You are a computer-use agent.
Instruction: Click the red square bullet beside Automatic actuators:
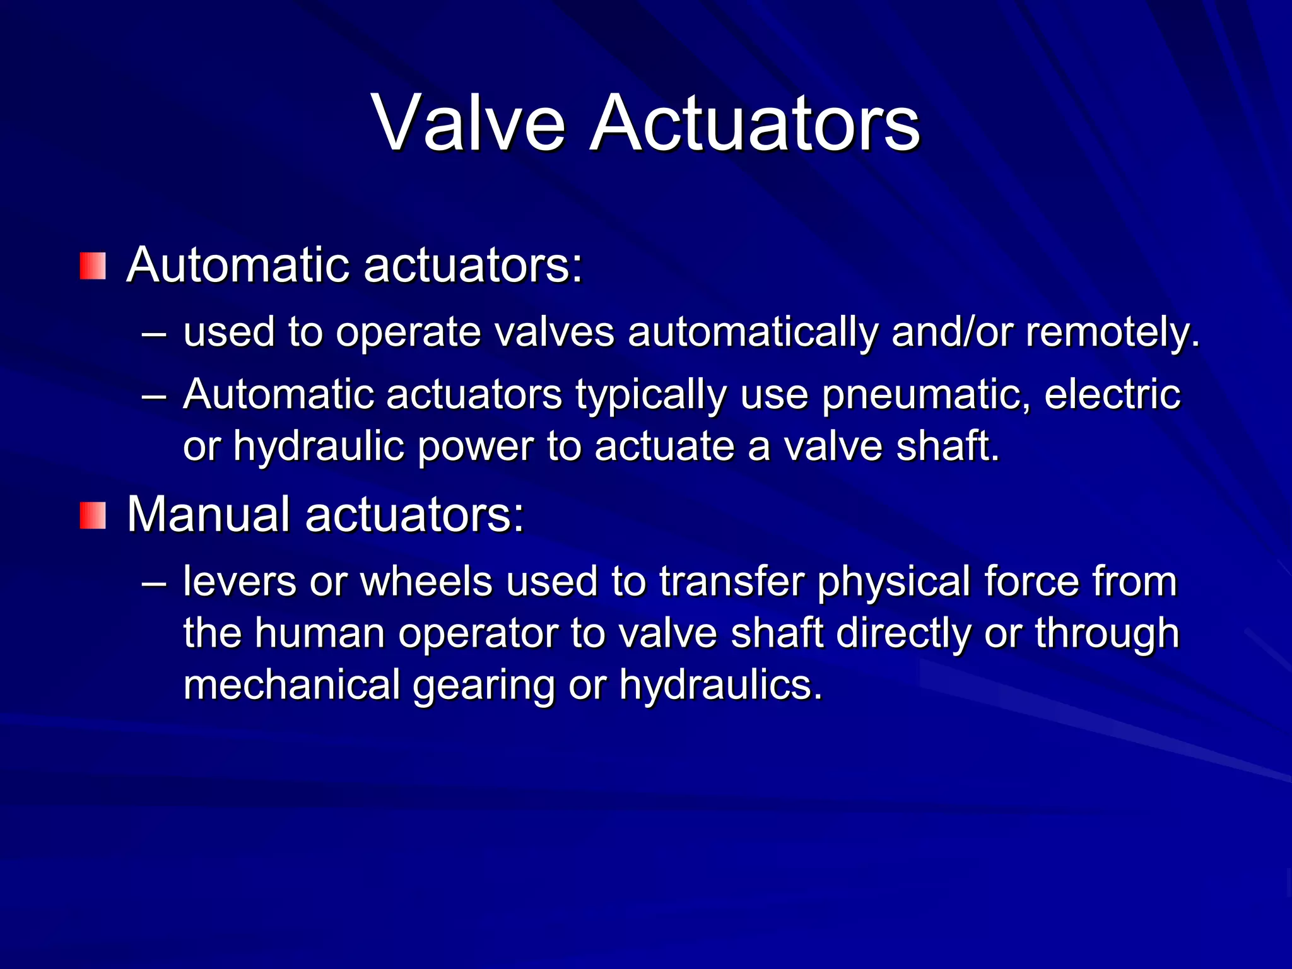(93, 266)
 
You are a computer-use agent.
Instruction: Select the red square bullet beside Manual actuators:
(93, 515)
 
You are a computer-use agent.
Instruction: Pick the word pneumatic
(926, 396)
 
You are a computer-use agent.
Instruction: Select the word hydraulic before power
(319, 447)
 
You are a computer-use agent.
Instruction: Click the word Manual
(208, 514)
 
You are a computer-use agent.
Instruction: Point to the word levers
(239, 582)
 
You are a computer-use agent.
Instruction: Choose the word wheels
(426, 582)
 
